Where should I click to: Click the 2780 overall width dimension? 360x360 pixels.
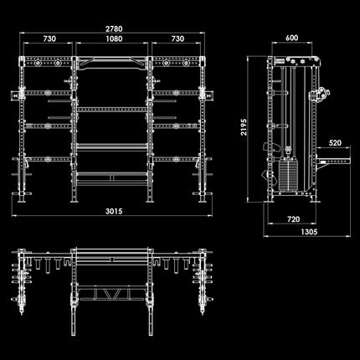[x=114, y=28]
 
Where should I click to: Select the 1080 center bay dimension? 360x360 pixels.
[x=114, y=39]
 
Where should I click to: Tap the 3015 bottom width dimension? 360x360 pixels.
[x=114, y=211]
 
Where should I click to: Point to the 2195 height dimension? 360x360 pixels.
[x=244, y=127]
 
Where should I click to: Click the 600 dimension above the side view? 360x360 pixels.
[x=291, y=38]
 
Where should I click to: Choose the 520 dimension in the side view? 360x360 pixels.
[x=335, y=143]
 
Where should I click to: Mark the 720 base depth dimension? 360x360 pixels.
[x=293, y=219]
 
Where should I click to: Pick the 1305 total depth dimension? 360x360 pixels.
[x=309, y=232]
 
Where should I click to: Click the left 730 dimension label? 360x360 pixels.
[x=49, y=39]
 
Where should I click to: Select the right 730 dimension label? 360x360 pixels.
[x=177, y=39]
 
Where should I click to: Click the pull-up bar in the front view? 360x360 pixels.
[x=112, y=63]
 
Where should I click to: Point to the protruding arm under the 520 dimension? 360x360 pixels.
[x=332, y=161]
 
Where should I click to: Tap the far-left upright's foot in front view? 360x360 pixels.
[x=21, y=198]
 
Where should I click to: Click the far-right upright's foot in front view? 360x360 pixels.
[x=203, y=198]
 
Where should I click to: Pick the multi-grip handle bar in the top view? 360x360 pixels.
[x=112, y=295]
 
